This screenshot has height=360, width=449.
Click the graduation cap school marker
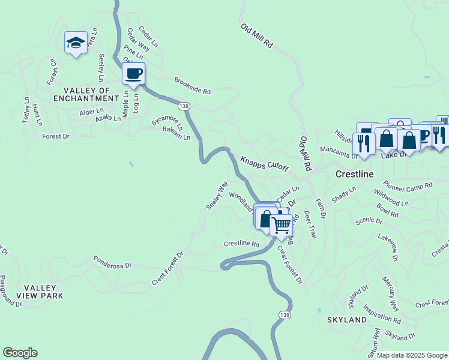pos(76,43)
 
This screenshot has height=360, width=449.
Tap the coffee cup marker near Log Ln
pos(133,74)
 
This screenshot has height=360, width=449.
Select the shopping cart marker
pos(280,226)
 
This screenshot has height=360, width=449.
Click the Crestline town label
pos(354,173)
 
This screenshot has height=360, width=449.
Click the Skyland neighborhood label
pos(346,320)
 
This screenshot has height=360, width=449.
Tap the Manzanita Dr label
pos(339,154)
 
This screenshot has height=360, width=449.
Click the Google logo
pos(20,353)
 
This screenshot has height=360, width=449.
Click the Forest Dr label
pos(56,137)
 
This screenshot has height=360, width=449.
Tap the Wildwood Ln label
pos(391,199)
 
